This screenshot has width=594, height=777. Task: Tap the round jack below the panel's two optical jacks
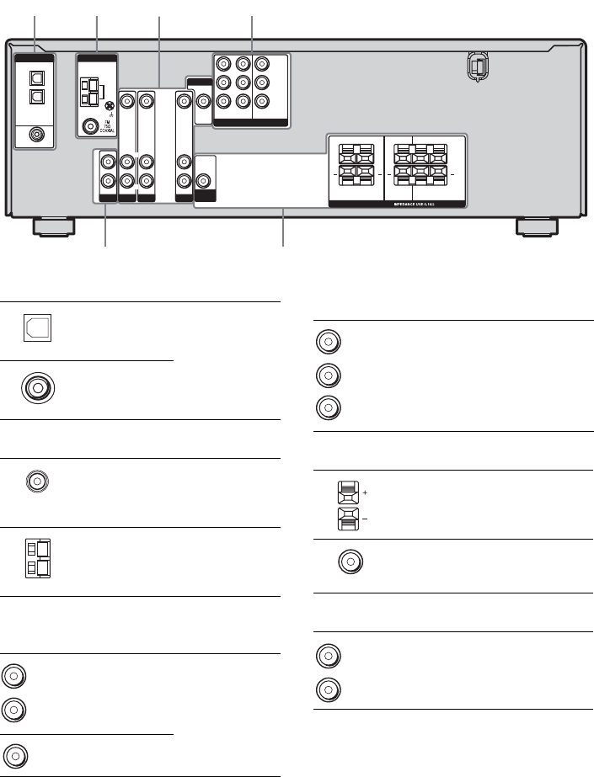(35, 133)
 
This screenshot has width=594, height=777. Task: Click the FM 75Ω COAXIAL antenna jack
(88, 128)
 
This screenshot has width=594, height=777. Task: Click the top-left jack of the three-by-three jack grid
(223, 63)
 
